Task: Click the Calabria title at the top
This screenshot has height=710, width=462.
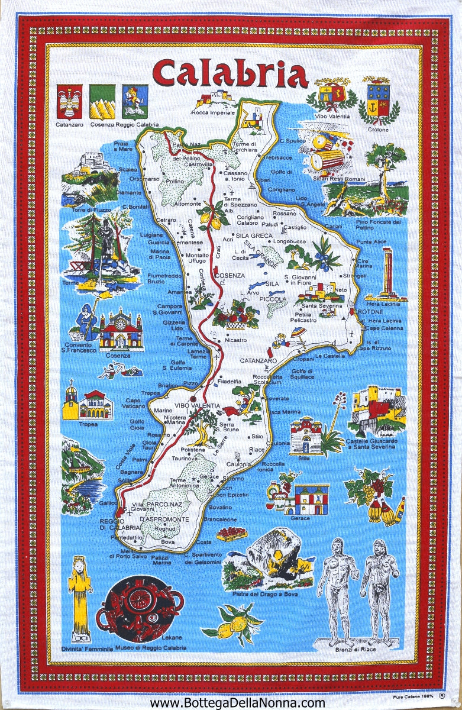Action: pos(230,75)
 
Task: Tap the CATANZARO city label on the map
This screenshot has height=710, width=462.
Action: pos(259,360)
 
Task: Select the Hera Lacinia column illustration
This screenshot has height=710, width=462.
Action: pos(387,273)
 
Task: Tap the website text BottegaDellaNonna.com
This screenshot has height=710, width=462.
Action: pos(237,702)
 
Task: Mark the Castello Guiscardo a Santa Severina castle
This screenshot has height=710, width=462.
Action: pos(376,411)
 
